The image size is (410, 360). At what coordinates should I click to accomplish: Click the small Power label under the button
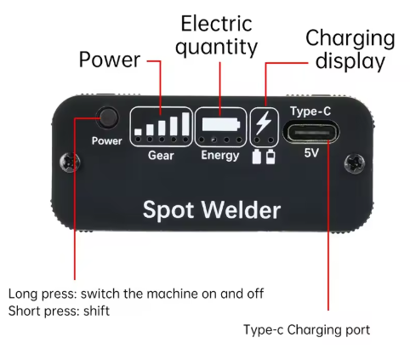pyautogui.click(x=106, y=141)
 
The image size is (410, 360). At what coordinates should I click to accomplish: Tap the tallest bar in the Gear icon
pyautogui.click(x=185, y=123)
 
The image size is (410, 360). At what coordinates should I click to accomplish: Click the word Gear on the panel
pyautogui.click(x=161, y=156)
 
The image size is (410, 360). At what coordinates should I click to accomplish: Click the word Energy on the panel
pyautogui.click(x=220, y=156)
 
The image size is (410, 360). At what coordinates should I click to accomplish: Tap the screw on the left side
pyautogui.click(x=77, y=160)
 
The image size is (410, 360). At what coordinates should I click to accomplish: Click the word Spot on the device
pyautogui.click(x=173, y=209)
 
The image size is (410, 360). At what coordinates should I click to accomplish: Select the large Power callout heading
pyautogui.click(x=109, y=60)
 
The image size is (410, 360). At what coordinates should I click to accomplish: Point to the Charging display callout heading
pyautogui.click(x=350, y=50)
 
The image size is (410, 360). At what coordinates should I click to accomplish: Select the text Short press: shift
pyautogui.click(x=59, y=311)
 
